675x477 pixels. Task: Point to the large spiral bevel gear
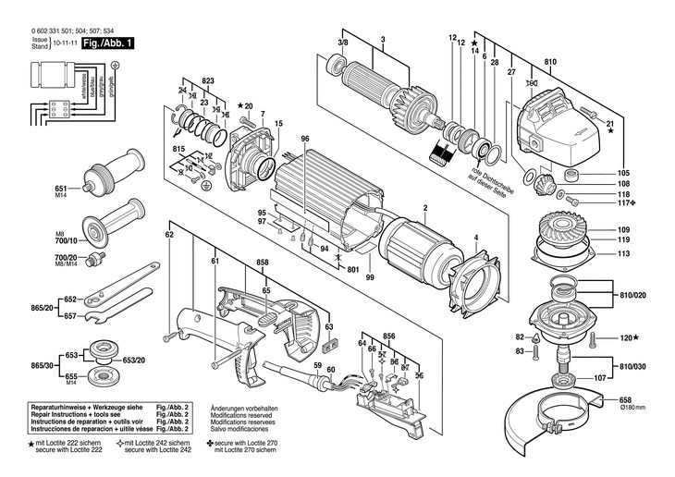click(x=564, y=232)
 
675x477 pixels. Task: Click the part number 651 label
click(x=60, y=186)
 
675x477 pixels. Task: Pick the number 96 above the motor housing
click(x=303, y=140)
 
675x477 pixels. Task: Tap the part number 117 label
click(x=623, y=205)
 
